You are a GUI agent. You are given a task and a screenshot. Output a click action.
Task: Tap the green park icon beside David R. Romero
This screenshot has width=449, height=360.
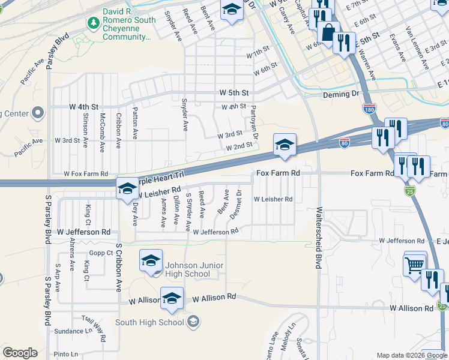coord(93,23)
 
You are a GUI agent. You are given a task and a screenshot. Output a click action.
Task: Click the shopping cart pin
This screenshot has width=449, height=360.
coord(415,264)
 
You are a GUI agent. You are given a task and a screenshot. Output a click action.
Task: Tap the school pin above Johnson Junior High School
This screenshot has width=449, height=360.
coord(151,260)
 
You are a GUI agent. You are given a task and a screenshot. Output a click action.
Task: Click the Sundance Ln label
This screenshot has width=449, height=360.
coord(68,331)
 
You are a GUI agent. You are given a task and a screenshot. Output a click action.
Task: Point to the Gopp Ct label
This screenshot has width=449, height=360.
coord(101,253)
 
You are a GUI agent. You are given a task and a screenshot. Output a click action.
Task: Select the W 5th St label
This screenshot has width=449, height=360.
coord(234,93)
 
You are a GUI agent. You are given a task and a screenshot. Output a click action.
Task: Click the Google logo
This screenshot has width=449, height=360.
coord(20,353)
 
